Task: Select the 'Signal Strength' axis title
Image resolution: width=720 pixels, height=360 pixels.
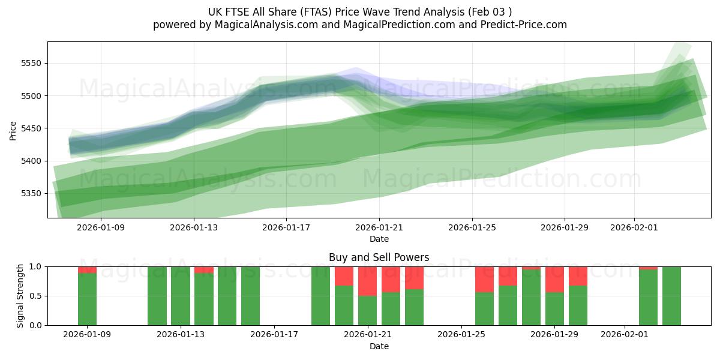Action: click(21, 296)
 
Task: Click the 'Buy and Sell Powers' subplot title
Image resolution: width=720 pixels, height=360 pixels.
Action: click(379, 257)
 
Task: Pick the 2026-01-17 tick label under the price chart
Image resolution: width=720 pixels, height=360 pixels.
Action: click(286, 227)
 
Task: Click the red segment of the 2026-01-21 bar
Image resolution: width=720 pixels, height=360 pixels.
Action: click(367, 281)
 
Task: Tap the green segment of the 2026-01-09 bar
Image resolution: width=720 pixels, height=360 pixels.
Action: click(87, 299)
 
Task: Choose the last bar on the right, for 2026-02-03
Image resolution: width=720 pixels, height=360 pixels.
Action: click(671, 296)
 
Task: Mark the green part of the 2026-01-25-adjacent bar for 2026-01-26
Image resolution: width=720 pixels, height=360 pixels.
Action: click(484, 308)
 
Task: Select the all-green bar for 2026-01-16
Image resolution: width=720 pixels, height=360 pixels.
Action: click(250, 296)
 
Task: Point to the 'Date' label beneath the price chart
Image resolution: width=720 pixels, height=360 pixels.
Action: click(379, 239)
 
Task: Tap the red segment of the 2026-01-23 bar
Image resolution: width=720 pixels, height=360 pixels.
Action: click(414, 278)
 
